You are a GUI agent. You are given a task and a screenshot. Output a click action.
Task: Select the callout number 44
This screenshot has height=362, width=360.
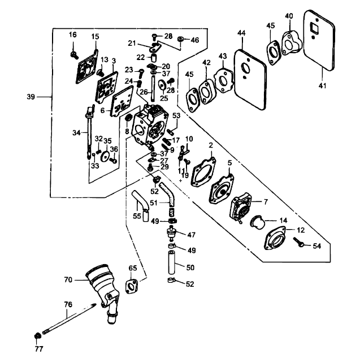tap(241, 35)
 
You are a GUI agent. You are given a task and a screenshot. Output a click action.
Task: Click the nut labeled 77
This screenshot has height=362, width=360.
tap(37, 335)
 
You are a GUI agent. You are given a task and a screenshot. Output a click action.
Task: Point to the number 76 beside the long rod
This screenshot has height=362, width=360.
tap(68, 304)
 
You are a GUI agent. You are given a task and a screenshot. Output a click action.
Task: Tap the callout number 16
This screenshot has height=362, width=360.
tap(73, 35)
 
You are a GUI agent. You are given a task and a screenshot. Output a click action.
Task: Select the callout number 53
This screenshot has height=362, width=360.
tap(176, 116)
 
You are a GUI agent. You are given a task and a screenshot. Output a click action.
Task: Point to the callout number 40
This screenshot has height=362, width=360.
tap(289, 16)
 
